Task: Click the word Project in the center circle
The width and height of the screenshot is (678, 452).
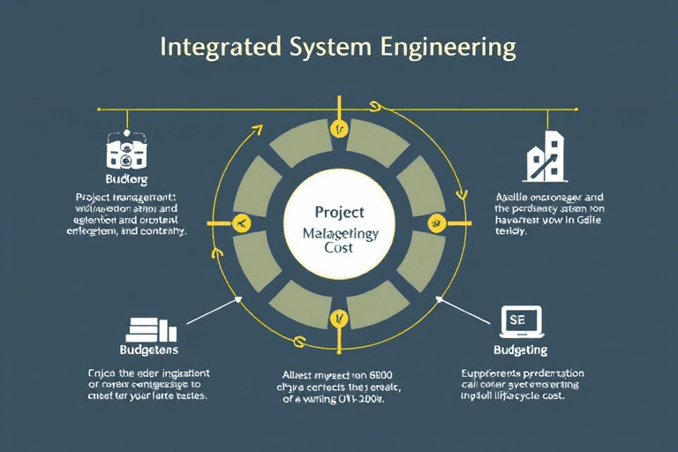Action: click(339, 213)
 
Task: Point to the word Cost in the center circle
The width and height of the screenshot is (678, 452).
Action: click(338, 248)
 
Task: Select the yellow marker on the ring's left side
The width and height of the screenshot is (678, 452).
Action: click(238, 224)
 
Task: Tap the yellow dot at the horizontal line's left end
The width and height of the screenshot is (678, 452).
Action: click(98, 109)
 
